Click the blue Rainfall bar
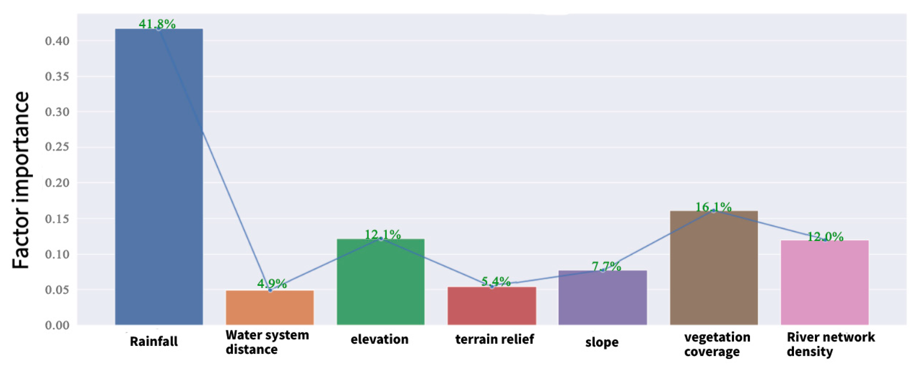[159, 178]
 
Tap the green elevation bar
[380, 281]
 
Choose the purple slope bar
[602, 297]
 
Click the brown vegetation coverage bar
[714, 267]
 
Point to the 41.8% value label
[157, 24]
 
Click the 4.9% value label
[272, 283]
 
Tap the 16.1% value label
[713, 207]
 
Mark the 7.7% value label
[606, 266]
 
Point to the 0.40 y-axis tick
[57, 41]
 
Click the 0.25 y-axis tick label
[57, 147]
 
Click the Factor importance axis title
[20, 180]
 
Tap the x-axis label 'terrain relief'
[494, 339]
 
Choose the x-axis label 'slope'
[602, 342]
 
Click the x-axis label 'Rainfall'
[154, 341]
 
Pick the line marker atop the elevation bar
[381, 238]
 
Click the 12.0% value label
[825, 236]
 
